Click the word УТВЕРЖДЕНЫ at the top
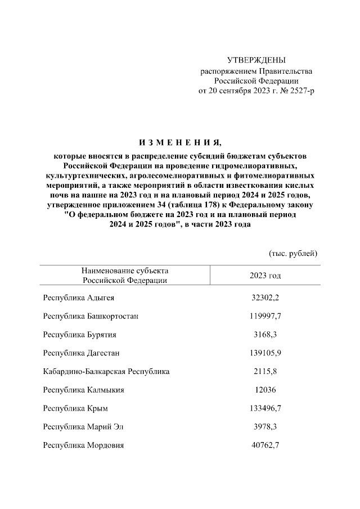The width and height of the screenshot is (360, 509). tap(256, 60)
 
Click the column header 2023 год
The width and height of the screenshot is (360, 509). tap(265, 275)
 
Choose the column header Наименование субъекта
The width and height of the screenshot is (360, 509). tap(124, 271)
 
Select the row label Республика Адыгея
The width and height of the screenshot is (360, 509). tap(79, 298)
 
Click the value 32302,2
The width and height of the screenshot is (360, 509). tap(265, 298)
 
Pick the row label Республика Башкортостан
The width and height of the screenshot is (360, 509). tap(91, 316)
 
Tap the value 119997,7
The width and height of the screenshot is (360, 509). tap(265, 316)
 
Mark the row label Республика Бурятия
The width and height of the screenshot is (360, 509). tap(80, 335)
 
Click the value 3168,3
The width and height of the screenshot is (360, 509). tap(265, 335)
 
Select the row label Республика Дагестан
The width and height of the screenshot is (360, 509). tap(82, 353)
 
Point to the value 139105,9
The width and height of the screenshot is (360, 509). tap(265, 353)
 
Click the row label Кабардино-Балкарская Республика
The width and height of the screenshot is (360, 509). tap(106, 372)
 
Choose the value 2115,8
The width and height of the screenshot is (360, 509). tap(265, 372)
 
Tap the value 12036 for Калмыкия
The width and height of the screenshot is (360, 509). tap(265, 390)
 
